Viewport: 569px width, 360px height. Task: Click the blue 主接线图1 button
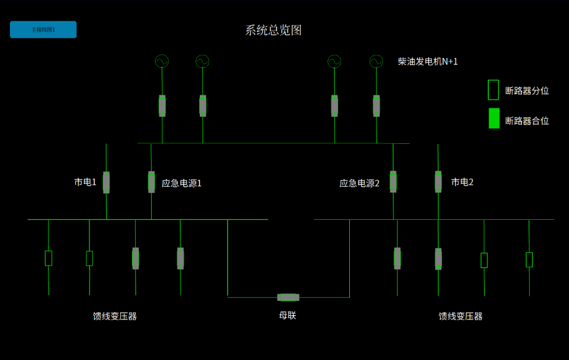[x=43, y=30]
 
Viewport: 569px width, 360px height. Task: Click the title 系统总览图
[x=273, y=31]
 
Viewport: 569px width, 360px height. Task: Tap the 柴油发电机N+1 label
[x=428, y=62]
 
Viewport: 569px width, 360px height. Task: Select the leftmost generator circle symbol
[x=162, y=61]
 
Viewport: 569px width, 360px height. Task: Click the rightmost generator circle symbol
[x=376, y=61]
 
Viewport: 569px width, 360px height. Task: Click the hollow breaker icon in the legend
[x=493, y=90]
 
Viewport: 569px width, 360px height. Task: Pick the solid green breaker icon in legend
[x=494, y=118]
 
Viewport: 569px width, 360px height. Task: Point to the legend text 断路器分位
[x=527, y=91]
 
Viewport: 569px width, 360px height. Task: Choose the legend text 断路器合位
[x=527, y=121]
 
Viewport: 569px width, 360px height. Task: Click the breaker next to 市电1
[x=106, y=182]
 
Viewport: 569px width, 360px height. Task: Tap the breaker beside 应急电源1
[x=151, y=182]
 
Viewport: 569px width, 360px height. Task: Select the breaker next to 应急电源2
[x=393, y=182]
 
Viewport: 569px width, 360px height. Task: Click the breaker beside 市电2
[x=438, y=182]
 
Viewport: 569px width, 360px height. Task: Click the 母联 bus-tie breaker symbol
[x=288, y=297]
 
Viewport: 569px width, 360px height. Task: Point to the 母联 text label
[x=288, y=315]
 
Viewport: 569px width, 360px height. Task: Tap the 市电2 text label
[x=462, y=182]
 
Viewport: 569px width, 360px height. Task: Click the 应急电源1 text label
[x=181, y=183]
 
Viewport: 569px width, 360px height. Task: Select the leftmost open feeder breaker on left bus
[x=49, y=258]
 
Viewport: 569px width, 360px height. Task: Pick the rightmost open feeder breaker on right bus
[x=529, y=260]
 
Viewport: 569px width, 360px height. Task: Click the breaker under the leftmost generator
[x=162, y=106]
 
